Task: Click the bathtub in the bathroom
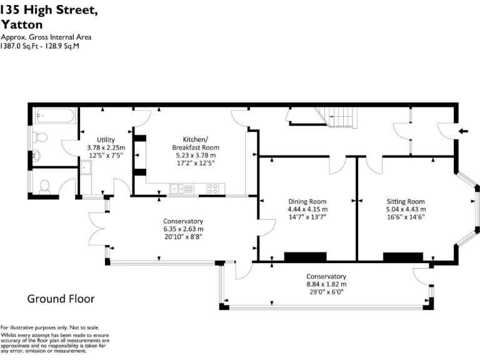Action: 56,116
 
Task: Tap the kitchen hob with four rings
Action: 213,187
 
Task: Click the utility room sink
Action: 86,167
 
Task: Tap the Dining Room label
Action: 307,201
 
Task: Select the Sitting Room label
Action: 405,201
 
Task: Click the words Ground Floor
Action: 61,299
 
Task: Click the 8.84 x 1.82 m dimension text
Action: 326,284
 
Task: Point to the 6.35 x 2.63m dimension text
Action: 183,229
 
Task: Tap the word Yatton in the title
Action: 22,25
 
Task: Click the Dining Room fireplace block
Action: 305,256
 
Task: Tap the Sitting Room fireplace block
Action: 403,256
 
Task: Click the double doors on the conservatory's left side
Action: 97,228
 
